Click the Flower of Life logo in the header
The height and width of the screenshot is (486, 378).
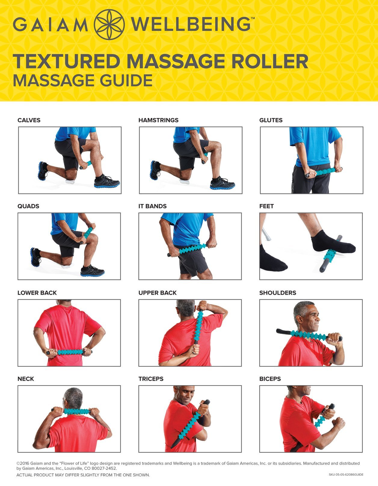coord(109,25)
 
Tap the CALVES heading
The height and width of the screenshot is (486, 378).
coord(29,120)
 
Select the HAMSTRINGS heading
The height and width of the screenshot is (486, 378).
coord(158,120)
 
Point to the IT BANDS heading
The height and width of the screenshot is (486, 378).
coord(152,206)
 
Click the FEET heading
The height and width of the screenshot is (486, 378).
coord(266,206)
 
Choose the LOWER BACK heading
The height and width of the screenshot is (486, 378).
coord(37,292)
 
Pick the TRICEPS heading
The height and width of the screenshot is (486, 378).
coord(151,379)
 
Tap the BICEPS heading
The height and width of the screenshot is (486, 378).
coord(270,379)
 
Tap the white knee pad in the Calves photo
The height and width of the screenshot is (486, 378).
coord(70,181)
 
